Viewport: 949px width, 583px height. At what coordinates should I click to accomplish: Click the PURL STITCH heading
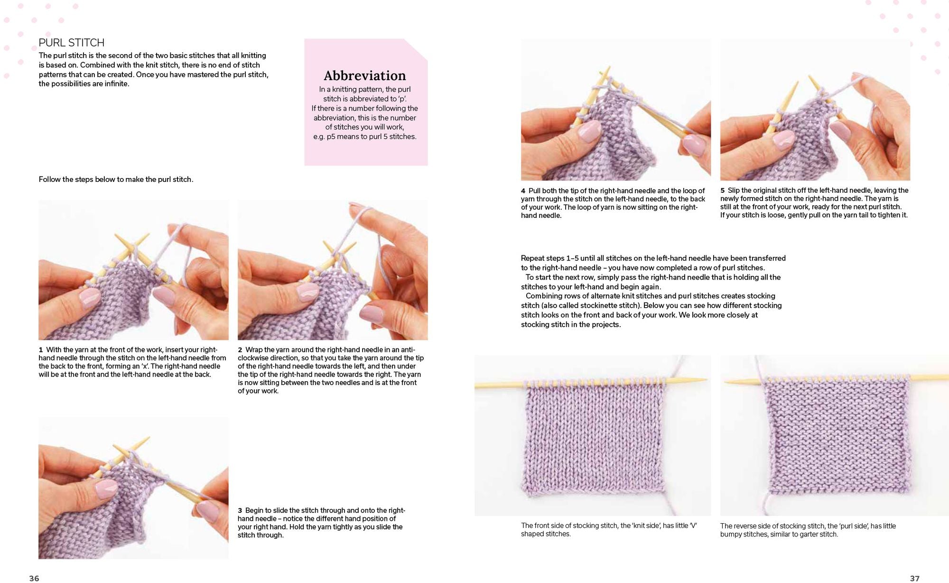click(x=72, y=43)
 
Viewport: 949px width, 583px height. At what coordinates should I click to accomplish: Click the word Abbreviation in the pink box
click(x=365, y=75)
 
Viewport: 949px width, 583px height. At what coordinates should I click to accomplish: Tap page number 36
click(x=34, y=578)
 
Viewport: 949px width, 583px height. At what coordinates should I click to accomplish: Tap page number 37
click(x=914, y=578)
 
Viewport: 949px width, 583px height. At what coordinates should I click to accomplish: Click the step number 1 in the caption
click(x=41, y=350)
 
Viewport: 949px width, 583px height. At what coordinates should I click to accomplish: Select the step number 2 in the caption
click(x=240, y=350)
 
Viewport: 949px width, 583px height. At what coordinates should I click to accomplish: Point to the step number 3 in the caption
click(x=240, y=510)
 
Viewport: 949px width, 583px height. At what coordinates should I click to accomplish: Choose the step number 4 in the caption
click(x=523, y=191)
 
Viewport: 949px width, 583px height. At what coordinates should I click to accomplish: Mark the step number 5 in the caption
click(x=723, y=190)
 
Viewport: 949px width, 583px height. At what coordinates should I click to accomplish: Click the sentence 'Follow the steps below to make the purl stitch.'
click(x=116, y=179)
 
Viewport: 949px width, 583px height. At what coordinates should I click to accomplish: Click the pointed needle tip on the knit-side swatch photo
click(x=704, y=379)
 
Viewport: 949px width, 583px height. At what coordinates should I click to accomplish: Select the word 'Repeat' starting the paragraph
click(x=533, y=258)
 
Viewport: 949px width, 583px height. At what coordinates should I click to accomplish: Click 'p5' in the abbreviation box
click(x=331, y=137)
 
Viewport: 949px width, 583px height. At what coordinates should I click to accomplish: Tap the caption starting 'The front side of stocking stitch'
click(x=609, y=530)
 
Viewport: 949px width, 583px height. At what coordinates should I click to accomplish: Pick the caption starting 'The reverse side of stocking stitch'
click(x=808, y=530)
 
